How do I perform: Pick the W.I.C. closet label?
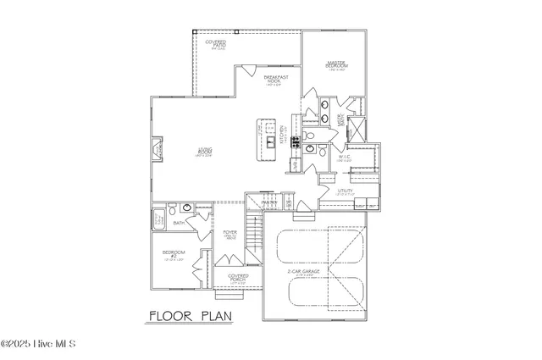tap(345, 158)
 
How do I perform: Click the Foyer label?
tap(230, 234)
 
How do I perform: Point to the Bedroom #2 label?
tap(174, 257)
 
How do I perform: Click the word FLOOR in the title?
tap(174, 317)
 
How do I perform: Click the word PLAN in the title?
tap(216, 317)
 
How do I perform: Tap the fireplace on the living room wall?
tap(155, 151)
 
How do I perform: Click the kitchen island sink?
tap(269, 141)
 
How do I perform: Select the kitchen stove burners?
tap(296, 141)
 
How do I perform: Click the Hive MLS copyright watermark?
tap(39, 344)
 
